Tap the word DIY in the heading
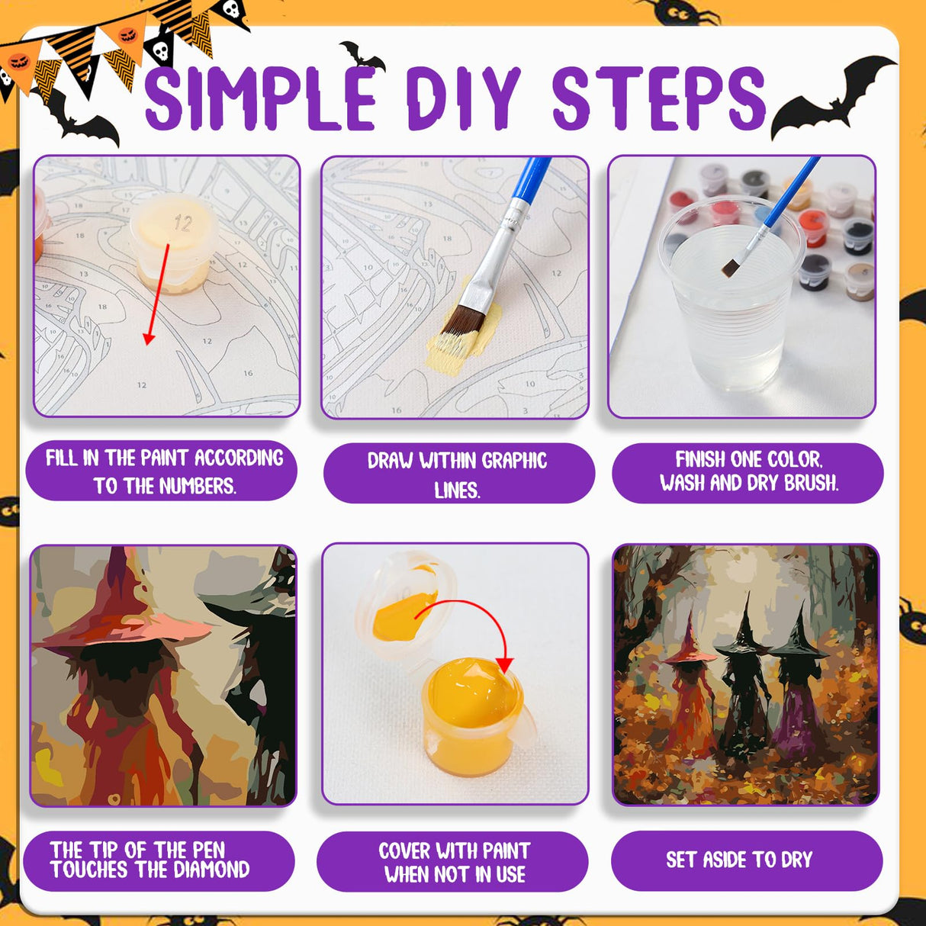point(462,98)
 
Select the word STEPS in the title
point(658,98)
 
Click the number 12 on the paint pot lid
point(182,223)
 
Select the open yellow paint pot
point(473,713)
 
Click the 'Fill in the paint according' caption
point(162,471)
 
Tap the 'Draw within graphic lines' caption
point(458,474)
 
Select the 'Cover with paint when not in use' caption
point(453,862)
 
